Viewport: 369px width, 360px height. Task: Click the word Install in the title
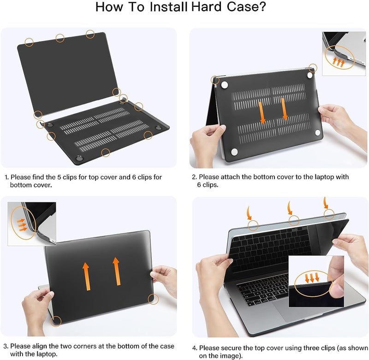[167, 8]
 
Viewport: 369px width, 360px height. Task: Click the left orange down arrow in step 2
[262, 112]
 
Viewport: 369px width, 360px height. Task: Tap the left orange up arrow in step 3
[86, 276]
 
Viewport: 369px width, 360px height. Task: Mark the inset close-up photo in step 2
[343, 53]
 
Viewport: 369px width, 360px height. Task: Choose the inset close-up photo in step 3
[31, 224]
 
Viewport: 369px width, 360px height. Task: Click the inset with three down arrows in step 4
[316, 282]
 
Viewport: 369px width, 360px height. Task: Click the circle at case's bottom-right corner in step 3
[153, 299]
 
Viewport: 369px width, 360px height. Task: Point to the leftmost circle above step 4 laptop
[253, 225]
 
